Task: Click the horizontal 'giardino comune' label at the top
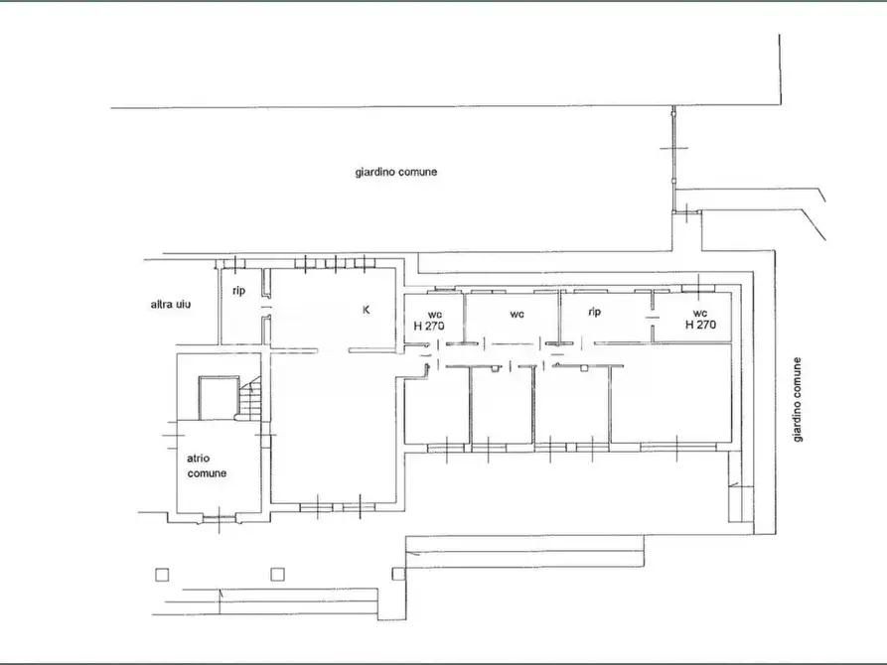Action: click(x=396, y=172)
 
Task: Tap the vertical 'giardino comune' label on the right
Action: click(x=798, y=400)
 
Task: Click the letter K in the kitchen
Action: click(x=366, y=310)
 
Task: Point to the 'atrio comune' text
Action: click(x=207, y=465)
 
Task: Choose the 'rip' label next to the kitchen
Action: click(x=238, y=291)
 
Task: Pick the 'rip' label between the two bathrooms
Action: click(x=595, y=312)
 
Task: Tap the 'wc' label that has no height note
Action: click(x=517, y=315)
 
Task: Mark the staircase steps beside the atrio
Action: click(x=251, y=402)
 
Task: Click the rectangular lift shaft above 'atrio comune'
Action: click(x=218, y=398)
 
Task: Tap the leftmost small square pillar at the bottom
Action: click(x=162, y=573)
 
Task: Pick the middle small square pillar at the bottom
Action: click(x=278, y=573)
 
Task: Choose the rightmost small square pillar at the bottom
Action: click(x=399, y=572)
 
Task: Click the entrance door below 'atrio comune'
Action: click(x=219, y=517)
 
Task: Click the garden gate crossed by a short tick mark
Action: click(x=675, y=148)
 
